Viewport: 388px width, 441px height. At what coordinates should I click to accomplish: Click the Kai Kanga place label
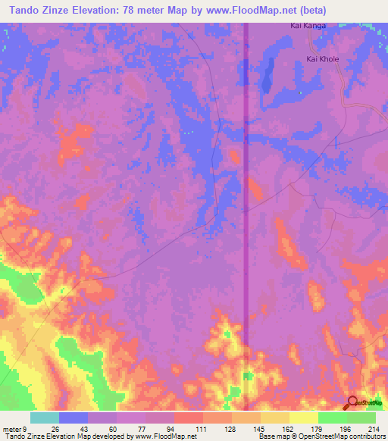pos(308,26)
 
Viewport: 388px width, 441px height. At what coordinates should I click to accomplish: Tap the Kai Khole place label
pos(323,58)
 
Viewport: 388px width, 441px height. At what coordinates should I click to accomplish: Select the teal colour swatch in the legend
pos(45,418)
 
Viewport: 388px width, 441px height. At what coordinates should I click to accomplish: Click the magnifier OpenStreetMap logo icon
pos(352,403)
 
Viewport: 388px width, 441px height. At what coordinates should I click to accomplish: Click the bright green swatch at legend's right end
pos(361,418)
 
